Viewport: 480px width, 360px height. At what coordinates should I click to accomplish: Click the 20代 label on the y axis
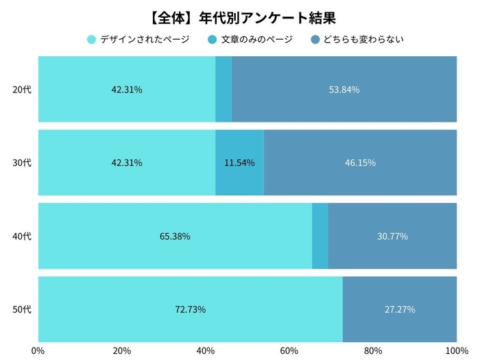pos(23,90)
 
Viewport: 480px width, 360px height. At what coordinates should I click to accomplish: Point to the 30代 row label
pos(23,163)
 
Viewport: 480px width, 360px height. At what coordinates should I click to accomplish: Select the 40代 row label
pos(23,237)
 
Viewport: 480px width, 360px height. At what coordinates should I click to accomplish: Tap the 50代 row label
pos(23,309)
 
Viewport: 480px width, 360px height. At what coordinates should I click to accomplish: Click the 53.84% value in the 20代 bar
pos(344,90)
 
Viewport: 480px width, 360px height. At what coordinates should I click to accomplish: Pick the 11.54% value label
pos(239,163)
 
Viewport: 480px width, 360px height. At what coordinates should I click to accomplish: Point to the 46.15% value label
pos(360,163)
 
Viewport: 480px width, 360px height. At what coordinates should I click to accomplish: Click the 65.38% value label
pos(175,237)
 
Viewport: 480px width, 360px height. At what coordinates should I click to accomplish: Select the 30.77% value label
pos(392,237)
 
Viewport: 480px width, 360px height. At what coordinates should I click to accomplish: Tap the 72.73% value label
pos(190,309)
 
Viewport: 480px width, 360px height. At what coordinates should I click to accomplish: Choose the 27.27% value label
pos(400,309)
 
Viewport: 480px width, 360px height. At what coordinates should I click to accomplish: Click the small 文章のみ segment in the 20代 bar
pos(224,90)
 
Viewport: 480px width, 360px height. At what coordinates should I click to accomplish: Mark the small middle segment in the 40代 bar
pos(320,237)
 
